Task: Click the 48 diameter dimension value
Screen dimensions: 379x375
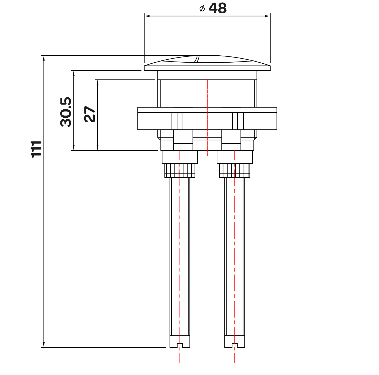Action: [217, 8]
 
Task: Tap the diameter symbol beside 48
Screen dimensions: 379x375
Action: [202, 9]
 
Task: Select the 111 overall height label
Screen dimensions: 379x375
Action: [36, 149]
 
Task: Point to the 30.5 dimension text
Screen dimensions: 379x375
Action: [66, 112]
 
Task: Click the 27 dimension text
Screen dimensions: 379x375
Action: [90, 114]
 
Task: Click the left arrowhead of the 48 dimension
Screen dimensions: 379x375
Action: [147, 16]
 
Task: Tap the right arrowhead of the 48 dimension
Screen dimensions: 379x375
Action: [267, 16]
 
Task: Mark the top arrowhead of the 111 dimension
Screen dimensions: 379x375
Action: [44, 58]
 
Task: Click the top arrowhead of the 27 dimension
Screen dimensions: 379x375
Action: [98, 82]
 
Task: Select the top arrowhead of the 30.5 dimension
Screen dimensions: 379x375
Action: [74, 73]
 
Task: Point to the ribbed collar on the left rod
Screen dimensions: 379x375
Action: [180, 171]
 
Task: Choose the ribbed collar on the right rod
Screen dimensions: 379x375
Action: [235, 171]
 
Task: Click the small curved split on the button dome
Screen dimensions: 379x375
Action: [197, 59]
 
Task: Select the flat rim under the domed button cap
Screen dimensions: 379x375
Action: [207, 68]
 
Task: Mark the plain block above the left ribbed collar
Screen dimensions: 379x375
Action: [180, 157]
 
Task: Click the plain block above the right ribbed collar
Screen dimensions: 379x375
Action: [235, 157]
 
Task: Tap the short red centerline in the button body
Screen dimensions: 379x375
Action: [207, 118]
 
